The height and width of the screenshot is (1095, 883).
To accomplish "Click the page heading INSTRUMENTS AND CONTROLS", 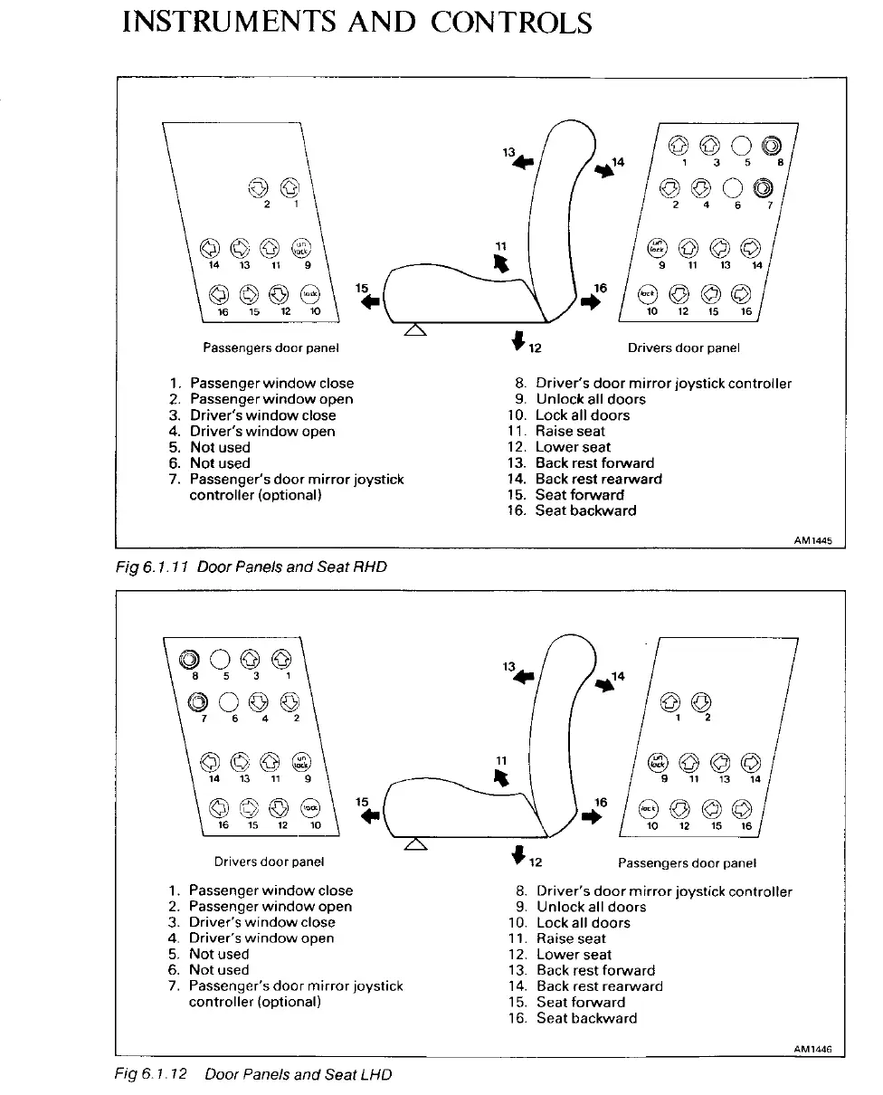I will point(356,22).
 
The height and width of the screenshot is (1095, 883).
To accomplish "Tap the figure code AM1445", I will point(812,542).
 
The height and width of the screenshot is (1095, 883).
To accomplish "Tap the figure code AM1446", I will point(812,1049).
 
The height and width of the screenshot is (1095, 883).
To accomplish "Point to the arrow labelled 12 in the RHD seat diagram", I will point(517,339).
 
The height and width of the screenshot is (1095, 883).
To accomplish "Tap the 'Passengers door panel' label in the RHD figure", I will point(271,348).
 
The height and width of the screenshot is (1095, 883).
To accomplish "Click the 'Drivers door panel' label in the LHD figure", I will point(269,862).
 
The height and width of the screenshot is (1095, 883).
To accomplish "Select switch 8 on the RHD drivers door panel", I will point(771,145).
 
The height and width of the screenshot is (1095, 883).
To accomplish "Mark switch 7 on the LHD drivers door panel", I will point(192,701).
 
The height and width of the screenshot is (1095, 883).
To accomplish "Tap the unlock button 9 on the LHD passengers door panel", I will point(658,761).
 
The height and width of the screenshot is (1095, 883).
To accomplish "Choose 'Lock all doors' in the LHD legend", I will point(583,922).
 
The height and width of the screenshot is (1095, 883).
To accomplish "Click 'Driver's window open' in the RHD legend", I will point(262,431).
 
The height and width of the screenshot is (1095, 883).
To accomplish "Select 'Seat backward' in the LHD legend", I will point(586,1017).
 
